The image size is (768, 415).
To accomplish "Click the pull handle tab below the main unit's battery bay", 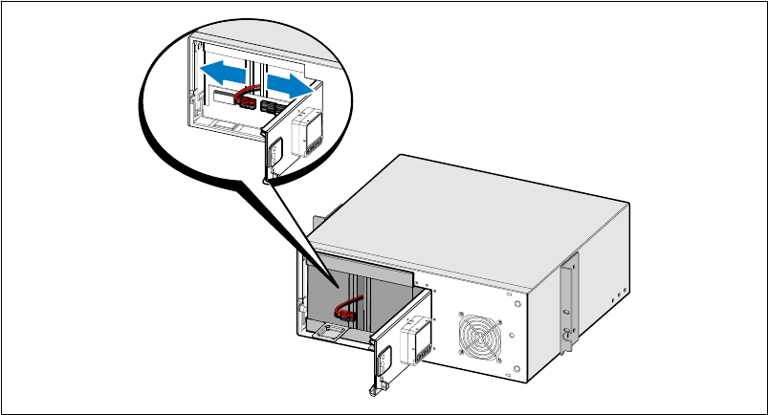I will (x=328, y=333).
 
